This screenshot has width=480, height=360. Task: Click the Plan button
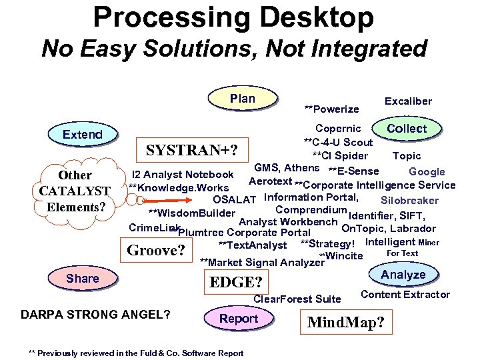pos(242,99)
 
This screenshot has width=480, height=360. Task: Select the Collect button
pos(407,128)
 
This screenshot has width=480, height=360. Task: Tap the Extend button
pos(83,135)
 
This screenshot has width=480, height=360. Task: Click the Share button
pos(83,279)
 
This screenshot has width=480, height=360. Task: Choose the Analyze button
pos(403,275)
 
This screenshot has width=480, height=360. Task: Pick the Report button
pos(239,319)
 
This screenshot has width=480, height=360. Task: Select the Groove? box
pos(156,251)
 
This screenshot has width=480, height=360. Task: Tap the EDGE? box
pos(236,281)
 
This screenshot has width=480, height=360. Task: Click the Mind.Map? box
pos(346,323)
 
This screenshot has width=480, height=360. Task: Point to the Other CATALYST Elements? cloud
pos(75,191)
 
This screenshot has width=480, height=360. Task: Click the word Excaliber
pos(408,101)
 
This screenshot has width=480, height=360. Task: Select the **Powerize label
pos(331,109)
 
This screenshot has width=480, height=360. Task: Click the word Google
pos(427,172)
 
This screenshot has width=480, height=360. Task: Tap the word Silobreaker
pos(409,201)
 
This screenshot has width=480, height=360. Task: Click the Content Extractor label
pos(405,295)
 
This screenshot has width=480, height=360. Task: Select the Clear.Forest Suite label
pos(297,299)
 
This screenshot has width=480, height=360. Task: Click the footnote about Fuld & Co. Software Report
pos(136,353)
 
